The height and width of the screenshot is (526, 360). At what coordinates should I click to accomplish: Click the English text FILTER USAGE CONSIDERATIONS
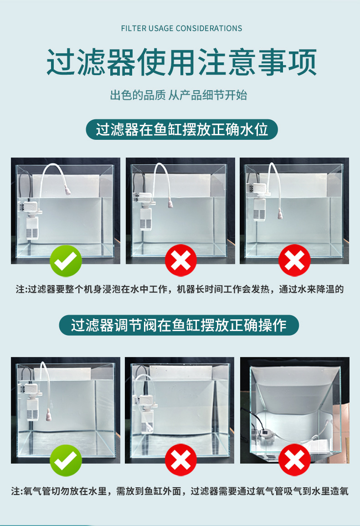pos(181,28)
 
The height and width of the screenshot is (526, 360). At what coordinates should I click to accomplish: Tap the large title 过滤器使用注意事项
pos(181,62)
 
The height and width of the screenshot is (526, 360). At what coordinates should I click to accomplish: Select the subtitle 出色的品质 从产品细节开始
pos(179,95)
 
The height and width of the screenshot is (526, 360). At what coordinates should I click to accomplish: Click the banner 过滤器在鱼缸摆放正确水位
pos(182,129)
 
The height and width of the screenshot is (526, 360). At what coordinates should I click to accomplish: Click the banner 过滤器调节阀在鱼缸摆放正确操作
pos(179,325)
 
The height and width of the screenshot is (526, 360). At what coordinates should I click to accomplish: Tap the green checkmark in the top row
pos(66,260)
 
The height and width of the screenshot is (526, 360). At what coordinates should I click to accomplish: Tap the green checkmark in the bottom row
pos(66,460)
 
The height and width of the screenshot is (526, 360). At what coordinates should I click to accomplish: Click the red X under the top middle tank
pos(180,260)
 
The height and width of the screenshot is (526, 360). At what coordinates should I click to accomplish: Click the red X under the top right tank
pos(294,260)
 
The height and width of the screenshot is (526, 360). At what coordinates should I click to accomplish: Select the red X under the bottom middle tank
pos(180,460)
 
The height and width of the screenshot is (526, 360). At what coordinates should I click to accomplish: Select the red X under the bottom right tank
pos(294,460)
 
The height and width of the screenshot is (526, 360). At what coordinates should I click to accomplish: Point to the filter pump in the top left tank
pos(31,220)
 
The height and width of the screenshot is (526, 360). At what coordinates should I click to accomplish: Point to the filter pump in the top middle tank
pos(145,211)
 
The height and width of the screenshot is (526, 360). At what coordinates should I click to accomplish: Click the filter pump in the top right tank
pos(259,201)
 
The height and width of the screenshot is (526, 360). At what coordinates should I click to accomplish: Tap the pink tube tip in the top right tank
pos(280,214)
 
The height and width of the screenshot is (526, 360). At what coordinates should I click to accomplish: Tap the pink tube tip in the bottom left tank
pos(49,415)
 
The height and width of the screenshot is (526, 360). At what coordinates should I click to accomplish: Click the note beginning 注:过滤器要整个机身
pos(180,289)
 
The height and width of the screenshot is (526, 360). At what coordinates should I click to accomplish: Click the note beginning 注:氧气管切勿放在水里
pos(180,491)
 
